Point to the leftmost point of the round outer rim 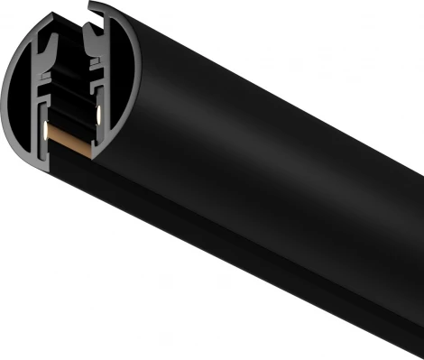(x=5, y=99)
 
